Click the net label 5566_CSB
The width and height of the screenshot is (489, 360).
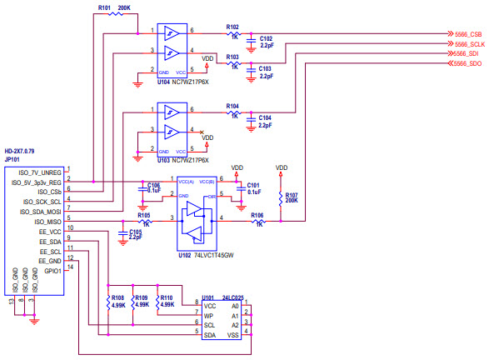[467, 33]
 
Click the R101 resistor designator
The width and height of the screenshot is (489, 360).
[104, 7]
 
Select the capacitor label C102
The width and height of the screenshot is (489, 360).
[266, 38]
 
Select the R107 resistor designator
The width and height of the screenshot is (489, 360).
[291, 195]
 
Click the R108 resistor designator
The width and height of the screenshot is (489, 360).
[117, 297]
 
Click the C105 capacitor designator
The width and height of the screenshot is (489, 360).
[134, 232]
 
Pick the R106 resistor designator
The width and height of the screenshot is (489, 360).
[257, 215]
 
